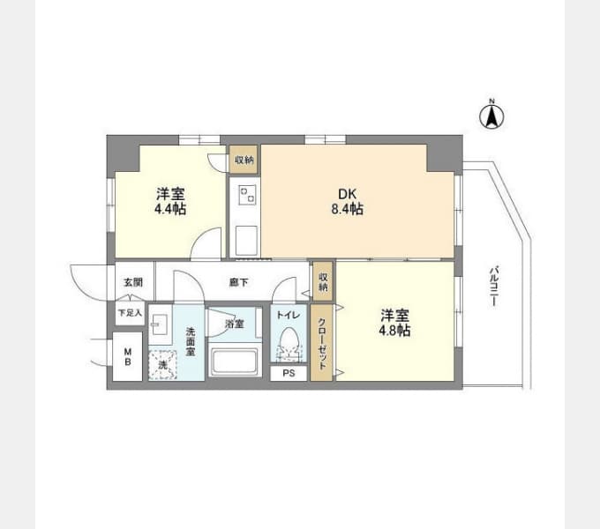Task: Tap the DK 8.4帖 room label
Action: [x=348, y=201]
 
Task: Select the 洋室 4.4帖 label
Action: [x=170, y=201]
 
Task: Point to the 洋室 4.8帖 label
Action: [x=394, y=323]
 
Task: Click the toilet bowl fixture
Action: [x=289, y=344]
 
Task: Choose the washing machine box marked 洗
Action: [x=162, y=365]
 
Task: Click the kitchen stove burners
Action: [x=246, y=194]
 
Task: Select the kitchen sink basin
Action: [x=246, y=240]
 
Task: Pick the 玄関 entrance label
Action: [x=133, y=282]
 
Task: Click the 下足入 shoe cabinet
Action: [x=130, y=313]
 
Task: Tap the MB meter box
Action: [x=128, y=356]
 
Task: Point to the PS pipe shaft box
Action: [x=289, y=373]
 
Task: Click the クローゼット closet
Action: [x=321, y=342]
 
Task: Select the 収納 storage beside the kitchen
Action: [x=244, y=159]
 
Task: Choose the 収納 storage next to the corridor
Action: [x=323, y=281]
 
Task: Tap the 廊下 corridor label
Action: [x=239, y=282]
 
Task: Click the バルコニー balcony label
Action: [x=493, y=286]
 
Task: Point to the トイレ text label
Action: [x=289, y=315]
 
